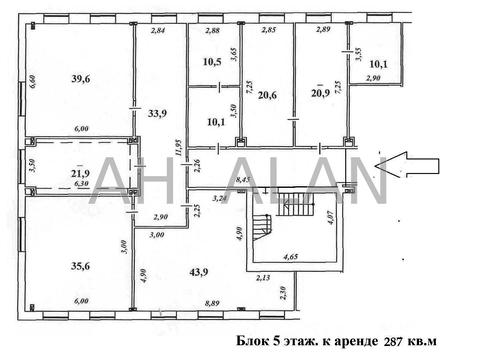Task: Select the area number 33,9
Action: (x=157, y=113)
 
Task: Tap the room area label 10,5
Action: (x=211, y=62)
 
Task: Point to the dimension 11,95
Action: (x=177, y=155)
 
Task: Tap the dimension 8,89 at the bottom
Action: (x=212, y=314)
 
